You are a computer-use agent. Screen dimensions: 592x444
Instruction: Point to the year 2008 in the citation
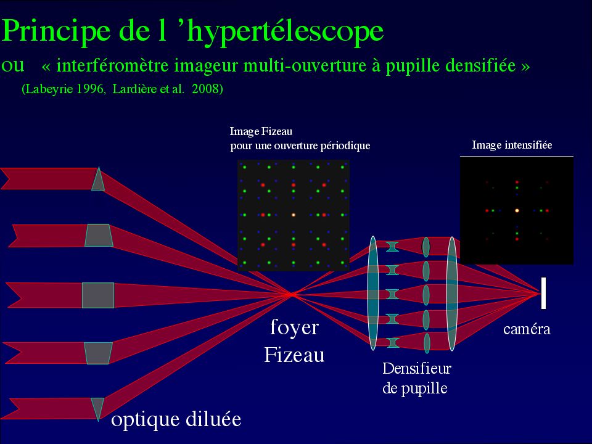[x=207, y=89]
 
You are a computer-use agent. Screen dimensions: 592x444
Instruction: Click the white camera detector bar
[x=543, y=293]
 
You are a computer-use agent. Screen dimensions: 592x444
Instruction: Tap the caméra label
[x=527, y=329]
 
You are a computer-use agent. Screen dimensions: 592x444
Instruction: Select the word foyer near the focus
[x=294, y=327]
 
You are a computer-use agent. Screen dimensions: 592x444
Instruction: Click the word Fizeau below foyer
[x=294, y=355]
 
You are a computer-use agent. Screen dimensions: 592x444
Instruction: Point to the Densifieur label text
[x=417, y=369]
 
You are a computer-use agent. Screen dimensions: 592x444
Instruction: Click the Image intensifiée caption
[x=512, y=146]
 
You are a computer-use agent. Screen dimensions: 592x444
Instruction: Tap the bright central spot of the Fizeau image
[x=294, y=215]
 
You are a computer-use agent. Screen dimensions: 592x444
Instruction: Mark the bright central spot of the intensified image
[x=517, y=210]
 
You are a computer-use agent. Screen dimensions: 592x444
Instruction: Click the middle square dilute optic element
[x=98, y=295]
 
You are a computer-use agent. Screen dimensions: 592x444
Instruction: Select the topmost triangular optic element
[x=98, y=179]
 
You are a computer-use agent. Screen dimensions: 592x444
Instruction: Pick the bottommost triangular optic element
[x=97, y=408]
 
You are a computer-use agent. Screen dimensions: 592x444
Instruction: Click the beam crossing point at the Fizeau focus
[x=291, y=294]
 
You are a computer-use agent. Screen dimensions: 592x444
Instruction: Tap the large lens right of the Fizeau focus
[x=372, y=293]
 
